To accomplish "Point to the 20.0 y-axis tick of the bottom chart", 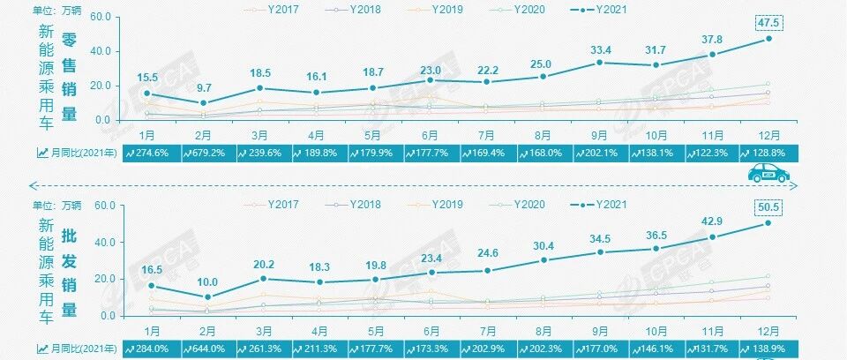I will point(102,279).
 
